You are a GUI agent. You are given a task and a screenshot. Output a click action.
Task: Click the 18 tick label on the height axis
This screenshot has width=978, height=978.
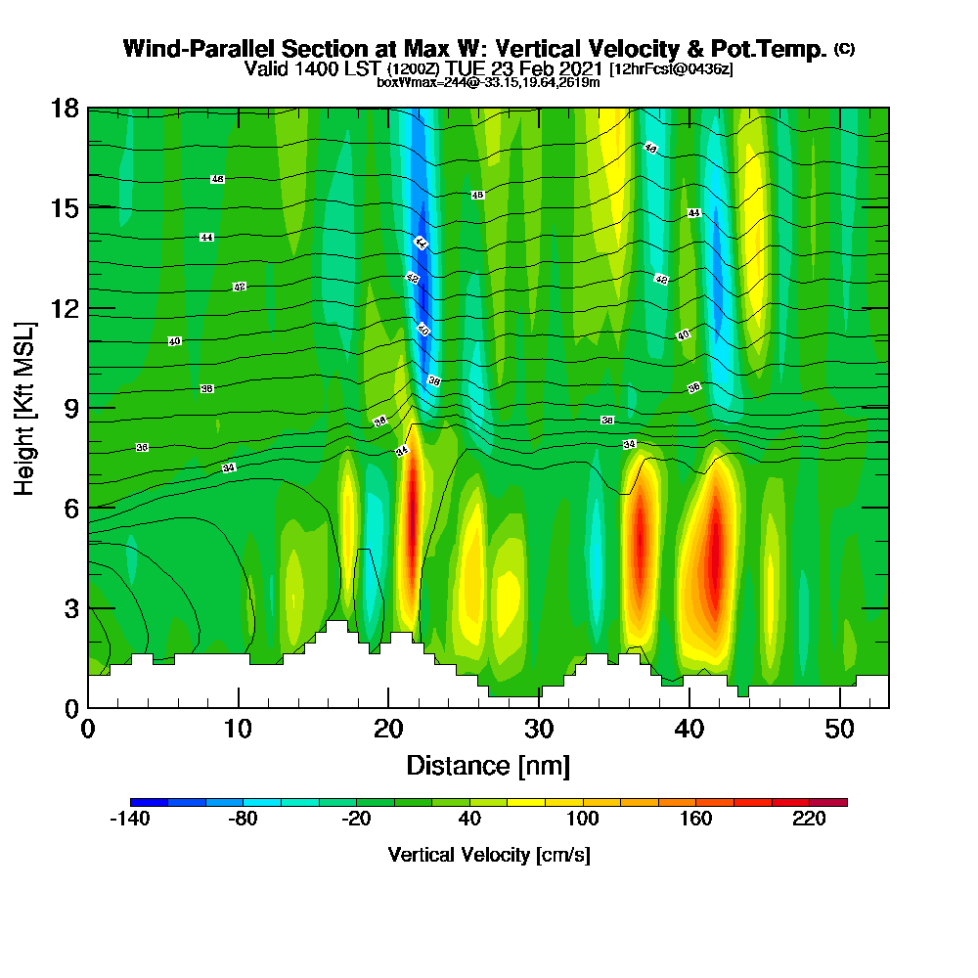(x=66, y=108)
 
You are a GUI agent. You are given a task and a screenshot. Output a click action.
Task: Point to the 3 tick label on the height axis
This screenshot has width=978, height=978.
(x=71, y=607)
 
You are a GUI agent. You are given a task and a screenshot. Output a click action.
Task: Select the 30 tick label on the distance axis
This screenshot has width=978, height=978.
(x=539, y=729)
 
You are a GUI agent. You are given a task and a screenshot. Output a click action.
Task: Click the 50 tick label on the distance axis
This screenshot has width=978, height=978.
(x=840, y=729)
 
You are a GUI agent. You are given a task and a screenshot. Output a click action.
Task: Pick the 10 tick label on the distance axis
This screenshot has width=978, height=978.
(x=238, y=729)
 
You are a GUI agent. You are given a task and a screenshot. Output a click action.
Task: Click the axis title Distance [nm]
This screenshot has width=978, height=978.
(x=488, y=764)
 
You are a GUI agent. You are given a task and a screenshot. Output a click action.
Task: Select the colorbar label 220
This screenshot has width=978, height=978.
(x=810, y=820)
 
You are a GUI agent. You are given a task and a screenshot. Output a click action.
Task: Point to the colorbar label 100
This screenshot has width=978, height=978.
(x=583, y=820)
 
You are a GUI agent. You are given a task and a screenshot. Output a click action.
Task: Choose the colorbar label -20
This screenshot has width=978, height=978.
(x=356, y=820)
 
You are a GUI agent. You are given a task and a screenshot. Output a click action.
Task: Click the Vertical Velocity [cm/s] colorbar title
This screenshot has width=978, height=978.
(x=488, y=855)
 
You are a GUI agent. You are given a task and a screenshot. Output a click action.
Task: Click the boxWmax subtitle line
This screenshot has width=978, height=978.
(x=488, y=83)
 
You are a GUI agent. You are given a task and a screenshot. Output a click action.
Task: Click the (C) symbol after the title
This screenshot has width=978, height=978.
(x=844, y=49)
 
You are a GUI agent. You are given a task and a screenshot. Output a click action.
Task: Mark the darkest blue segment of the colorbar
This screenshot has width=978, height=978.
(x=149, y=802)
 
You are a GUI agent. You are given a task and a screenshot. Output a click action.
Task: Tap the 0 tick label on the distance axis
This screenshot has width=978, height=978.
(x=88, y=729)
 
